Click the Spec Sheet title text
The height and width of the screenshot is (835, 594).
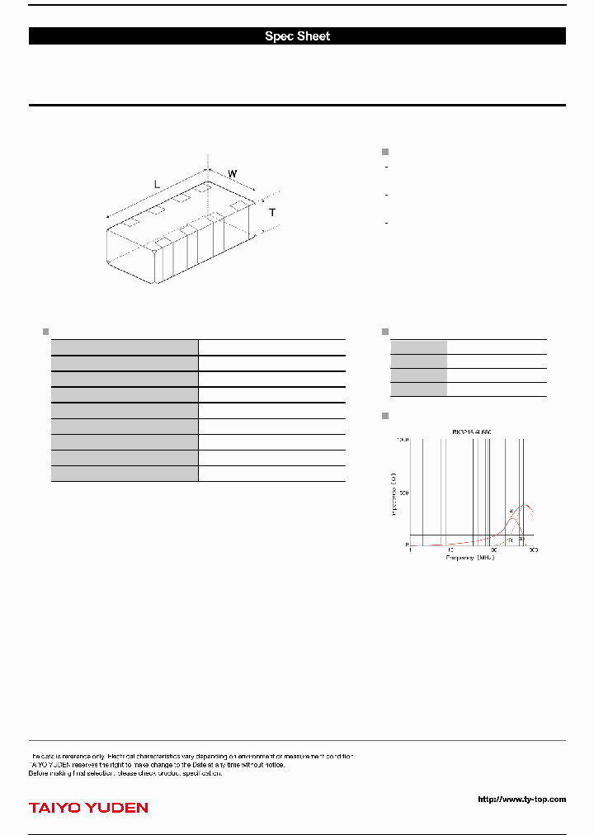click(297, 36)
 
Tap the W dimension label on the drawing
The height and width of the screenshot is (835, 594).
click(233, 174)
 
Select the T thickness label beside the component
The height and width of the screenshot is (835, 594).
click(272, 213)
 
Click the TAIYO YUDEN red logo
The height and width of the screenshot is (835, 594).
click(88, 808)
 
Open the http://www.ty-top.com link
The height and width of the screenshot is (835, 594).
click(521, 799)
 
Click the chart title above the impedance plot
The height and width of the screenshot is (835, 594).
click(472, 432)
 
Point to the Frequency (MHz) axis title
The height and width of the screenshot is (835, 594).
click(470, 559)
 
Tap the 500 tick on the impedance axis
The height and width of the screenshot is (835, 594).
click(403, 493)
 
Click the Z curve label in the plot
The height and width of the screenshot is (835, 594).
click(511, 512)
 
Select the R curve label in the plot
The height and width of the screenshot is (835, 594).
click(511, 539)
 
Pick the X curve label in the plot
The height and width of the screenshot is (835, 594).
click(521, 539)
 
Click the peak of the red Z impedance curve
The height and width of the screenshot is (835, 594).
click(525, 505)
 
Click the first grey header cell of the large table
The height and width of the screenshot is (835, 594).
click(125, 347)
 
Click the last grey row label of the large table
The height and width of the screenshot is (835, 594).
click(125, 473)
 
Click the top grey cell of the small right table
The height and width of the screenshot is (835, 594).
click(419, 347)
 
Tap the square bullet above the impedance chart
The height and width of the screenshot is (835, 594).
click(384, 415)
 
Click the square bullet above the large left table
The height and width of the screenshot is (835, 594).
click(45, 332)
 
